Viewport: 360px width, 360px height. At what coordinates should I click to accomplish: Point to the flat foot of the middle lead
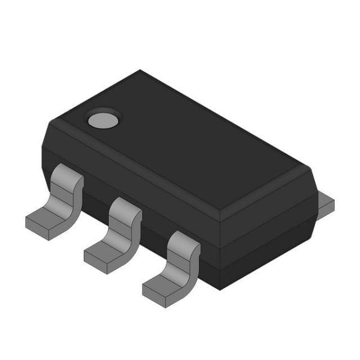pos(103,256)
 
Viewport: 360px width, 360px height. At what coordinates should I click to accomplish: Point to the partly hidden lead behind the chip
pos(325,204)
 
